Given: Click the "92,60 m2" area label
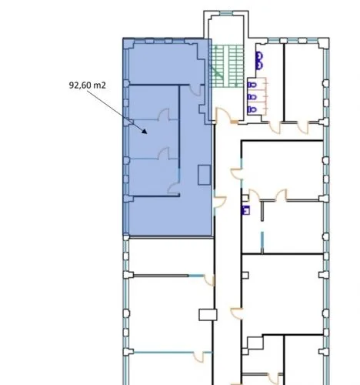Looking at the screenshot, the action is coord(87,85).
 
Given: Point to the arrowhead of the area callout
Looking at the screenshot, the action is coord(145,131).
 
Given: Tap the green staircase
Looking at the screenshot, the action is coord(226,66).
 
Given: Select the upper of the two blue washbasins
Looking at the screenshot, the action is coord(259,56).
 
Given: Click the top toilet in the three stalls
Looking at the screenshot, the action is coord(252,85).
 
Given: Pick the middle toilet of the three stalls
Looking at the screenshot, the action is coord(252,97).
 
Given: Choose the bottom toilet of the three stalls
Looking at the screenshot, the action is coord(252,109).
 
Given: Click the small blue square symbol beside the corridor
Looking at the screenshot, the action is coord(245,210).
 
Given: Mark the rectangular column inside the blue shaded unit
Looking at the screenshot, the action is coord(205,175).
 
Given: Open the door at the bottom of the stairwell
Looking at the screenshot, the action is coord(222,115).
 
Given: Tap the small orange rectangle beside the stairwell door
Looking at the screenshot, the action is coord(234,122).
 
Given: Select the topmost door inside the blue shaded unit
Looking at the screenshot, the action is coord(195,90).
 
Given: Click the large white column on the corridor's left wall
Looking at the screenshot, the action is coord(208,315).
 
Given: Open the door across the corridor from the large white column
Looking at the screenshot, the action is coord(236,313).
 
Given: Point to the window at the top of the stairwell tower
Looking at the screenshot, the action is coord(226,13).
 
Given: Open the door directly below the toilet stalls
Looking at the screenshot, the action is coord(275,128).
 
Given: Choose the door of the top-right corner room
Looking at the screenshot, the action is coord(303,128).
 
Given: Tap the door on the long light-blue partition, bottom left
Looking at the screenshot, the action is coord(198,357).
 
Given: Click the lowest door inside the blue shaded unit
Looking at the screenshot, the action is coord(173,187).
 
